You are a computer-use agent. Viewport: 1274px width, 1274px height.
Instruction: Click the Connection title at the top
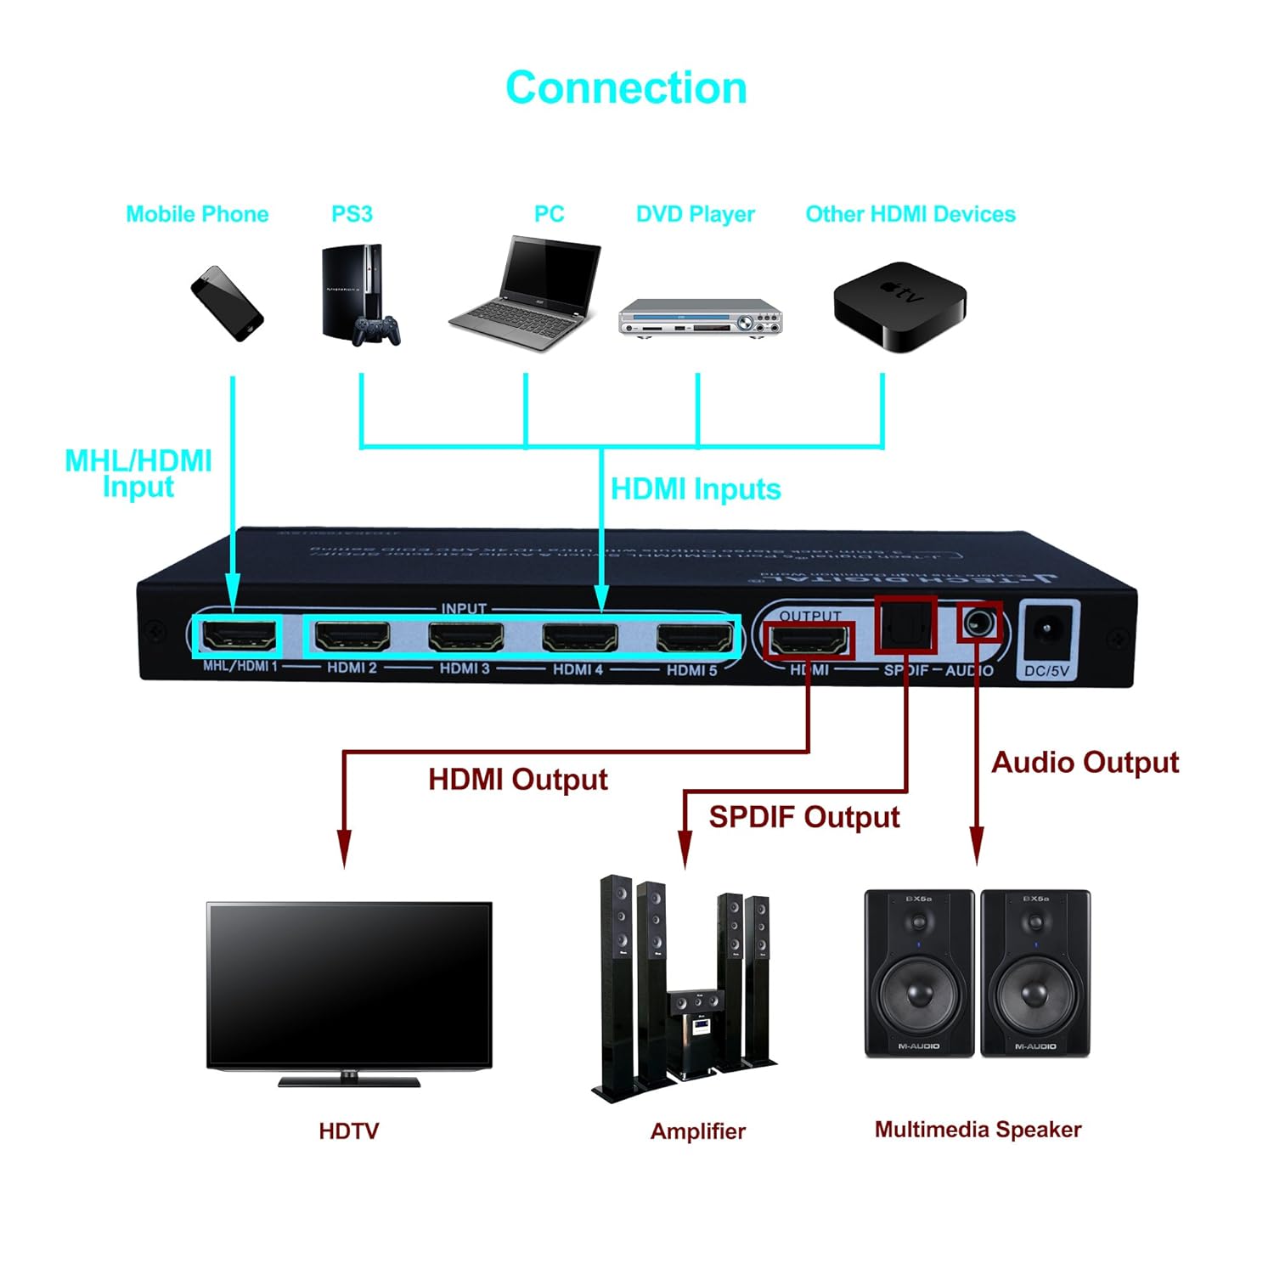626,88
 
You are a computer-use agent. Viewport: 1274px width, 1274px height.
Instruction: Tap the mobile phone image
227,303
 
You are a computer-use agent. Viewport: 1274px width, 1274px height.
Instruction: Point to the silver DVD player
700,318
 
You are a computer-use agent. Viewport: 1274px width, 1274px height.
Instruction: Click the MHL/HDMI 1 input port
240,636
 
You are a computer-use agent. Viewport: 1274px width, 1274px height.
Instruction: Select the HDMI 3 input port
465,636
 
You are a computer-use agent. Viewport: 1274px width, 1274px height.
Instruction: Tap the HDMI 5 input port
694,637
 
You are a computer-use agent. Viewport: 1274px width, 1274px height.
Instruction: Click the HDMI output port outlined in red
809,639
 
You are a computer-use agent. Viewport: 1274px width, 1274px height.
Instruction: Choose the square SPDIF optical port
905,625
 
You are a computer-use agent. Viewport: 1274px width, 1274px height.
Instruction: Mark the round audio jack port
978,623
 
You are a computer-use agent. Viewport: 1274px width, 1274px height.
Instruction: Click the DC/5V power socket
1047,631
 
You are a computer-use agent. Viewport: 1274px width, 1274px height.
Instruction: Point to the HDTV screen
349,985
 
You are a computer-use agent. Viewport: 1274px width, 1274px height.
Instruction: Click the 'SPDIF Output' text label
803,817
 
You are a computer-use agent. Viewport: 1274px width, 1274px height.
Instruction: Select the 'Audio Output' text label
1085,763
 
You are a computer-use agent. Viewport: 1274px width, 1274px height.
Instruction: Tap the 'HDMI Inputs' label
696,489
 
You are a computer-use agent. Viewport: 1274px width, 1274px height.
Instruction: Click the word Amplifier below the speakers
697,1131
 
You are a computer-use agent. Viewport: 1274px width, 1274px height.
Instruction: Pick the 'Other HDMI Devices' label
910,214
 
